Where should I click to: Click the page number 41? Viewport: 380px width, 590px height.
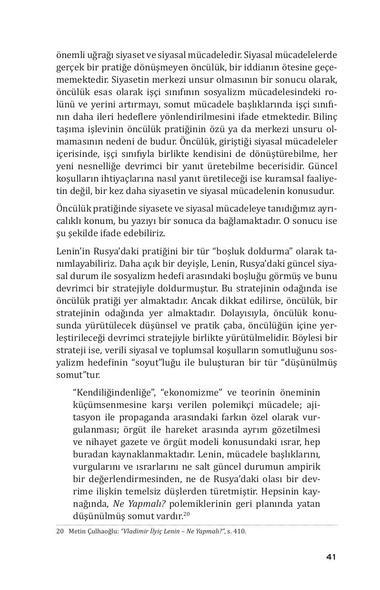coord(331,557)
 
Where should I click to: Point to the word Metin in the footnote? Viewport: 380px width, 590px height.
coord(76,532)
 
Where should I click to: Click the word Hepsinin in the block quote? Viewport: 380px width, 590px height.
coord(278,492)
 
